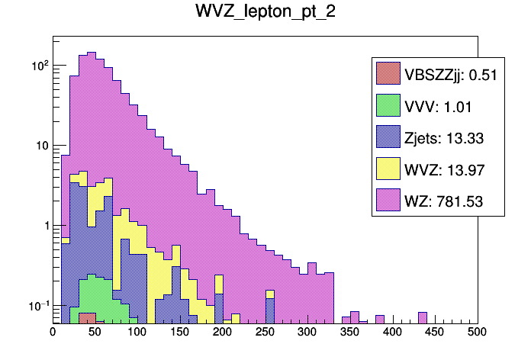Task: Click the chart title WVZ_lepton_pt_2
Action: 265,14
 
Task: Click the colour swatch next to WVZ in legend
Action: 388,169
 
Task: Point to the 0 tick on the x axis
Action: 53,333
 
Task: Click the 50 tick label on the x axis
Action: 95,333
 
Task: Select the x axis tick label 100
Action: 137,333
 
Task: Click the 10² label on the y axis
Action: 40,66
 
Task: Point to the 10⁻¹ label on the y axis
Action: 38,305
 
